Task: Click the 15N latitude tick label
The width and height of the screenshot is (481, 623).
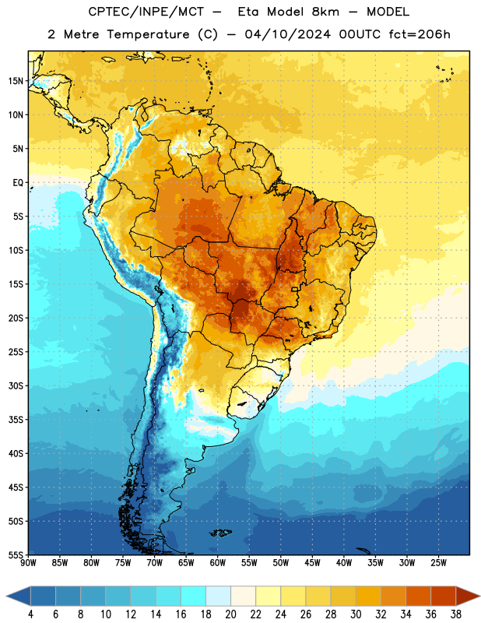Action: [16, 81]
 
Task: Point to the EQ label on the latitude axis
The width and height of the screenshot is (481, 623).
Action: [18, 183]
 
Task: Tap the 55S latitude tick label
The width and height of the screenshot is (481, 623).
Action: [16, 554]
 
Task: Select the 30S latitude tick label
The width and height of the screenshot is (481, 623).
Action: [16, 385]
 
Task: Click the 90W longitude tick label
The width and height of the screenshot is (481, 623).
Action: [28, 563]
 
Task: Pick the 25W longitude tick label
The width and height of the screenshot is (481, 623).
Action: [438, 563]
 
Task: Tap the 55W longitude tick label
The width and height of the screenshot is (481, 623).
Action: [249, 563]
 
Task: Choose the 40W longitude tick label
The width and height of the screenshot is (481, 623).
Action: [344, 563]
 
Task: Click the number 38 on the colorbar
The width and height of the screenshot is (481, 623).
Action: [456, 614]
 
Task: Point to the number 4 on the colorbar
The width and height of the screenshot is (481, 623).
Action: [30, 614]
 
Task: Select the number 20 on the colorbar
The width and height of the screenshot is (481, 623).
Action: [230, 614]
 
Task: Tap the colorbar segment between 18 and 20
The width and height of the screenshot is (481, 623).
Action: [218, 596]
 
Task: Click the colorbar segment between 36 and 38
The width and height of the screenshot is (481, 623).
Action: [444, 596]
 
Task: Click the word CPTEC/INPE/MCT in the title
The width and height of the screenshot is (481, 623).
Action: [146, 12]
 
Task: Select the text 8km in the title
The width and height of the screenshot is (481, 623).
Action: [325, 12]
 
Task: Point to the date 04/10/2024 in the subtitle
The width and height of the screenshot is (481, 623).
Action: [287, 34]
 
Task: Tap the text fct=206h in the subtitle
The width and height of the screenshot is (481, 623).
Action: [420, 34]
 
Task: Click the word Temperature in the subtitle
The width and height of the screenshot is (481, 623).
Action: [148, 34]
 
